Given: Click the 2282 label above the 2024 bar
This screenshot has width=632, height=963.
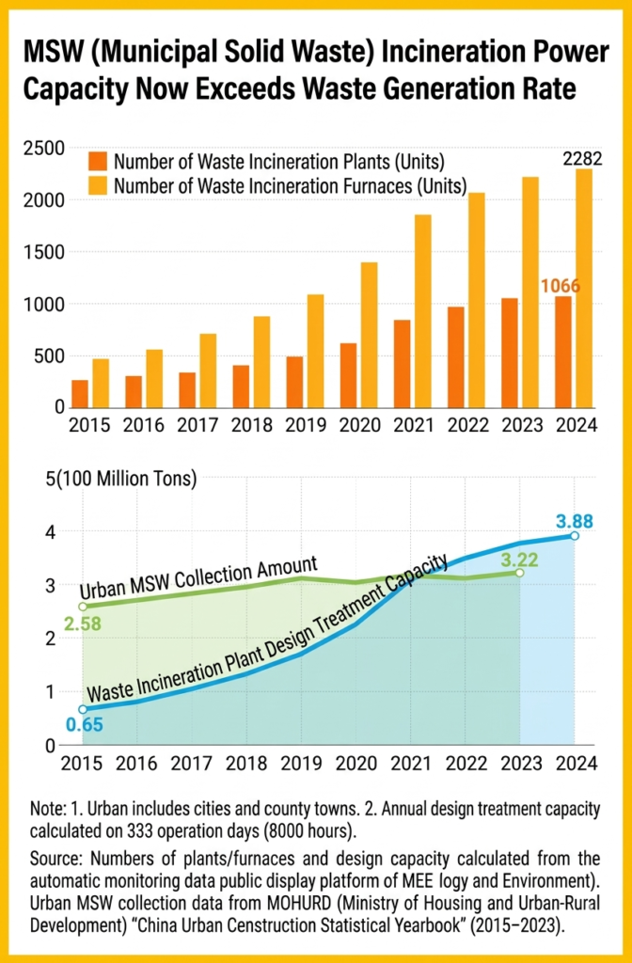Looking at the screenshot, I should tap(582, 158).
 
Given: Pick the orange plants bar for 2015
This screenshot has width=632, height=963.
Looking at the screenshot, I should tap(80, 393).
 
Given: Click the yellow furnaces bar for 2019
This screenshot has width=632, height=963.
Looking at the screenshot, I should tap(315, 350).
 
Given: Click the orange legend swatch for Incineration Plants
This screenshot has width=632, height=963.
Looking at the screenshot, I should tap(99, 161).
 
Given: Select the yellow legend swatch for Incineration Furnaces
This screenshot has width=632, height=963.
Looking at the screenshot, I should tap(99, 185).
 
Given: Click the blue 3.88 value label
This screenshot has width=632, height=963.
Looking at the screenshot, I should tap(576, 519).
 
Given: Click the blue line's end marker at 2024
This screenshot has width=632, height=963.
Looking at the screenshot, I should tap(575, 536).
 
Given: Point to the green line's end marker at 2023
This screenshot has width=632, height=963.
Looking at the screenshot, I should tap(519, 573).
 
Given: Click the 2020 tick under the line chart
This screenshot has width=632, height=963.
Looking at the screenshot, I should tap(357, 764).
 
